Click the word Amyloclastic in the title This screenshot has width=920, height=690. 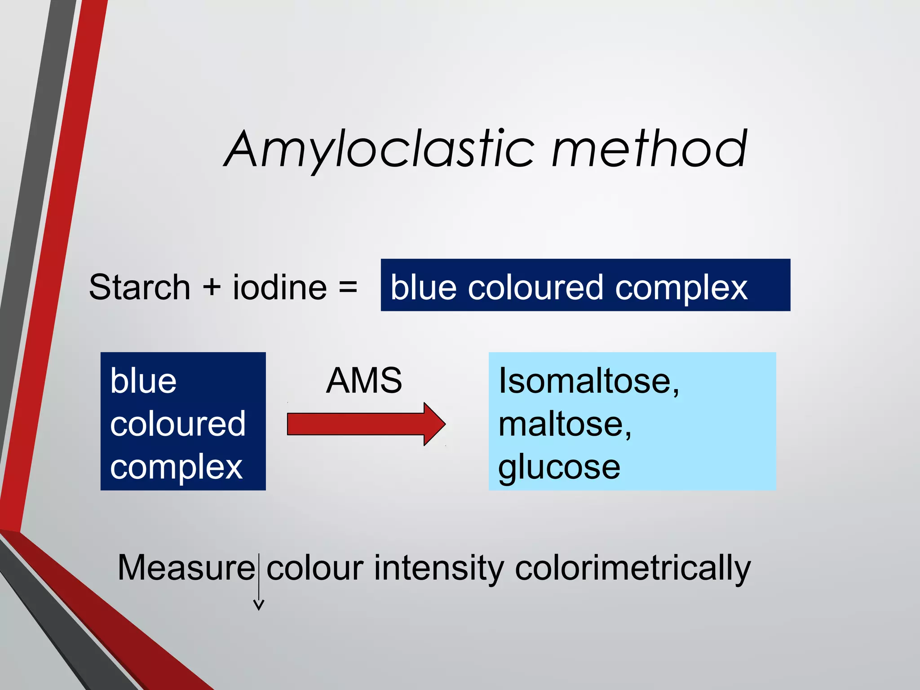[380, 150]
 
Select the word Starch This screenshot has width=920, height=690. [140, 287]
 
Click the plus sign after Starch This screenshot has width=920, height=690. [212, 287]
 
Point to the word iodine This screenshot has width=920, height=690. [279, 287]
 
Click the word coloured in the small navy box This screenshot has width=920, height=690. [178, 423]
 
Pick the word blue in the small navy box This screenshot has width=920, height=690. [143, 381]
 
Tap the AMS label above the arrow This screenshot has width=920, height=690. [364, 380]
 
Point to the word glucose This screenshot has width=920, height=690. [559, 467]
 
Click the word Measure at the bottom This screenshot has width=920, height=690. [186, 568]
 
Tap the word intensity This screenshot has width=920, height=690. [439, 568]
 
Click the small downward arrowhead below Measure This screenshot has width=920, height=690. [259, 605]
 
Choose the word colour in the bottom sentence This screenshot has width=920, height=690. [315, 568]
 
